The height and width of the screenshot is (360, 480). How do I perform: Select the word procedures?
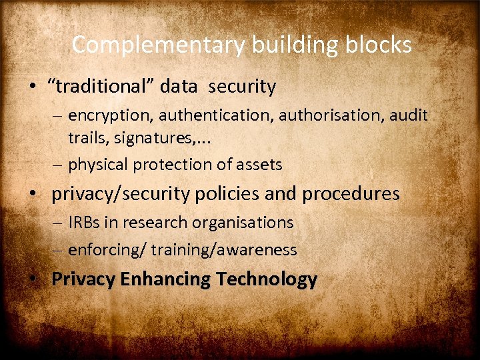pyautogui.click(x=351, y=194)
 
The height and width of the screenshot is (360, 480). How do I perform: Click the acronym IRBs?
pyautogui.click(x=83, y=223)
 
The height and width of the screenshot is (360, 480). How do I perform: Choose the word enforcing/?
pyautogui.click(x=107, y=250)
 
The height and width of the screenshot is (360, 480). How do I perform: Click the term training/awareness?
pyautogui.click(x=224, y=250)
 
